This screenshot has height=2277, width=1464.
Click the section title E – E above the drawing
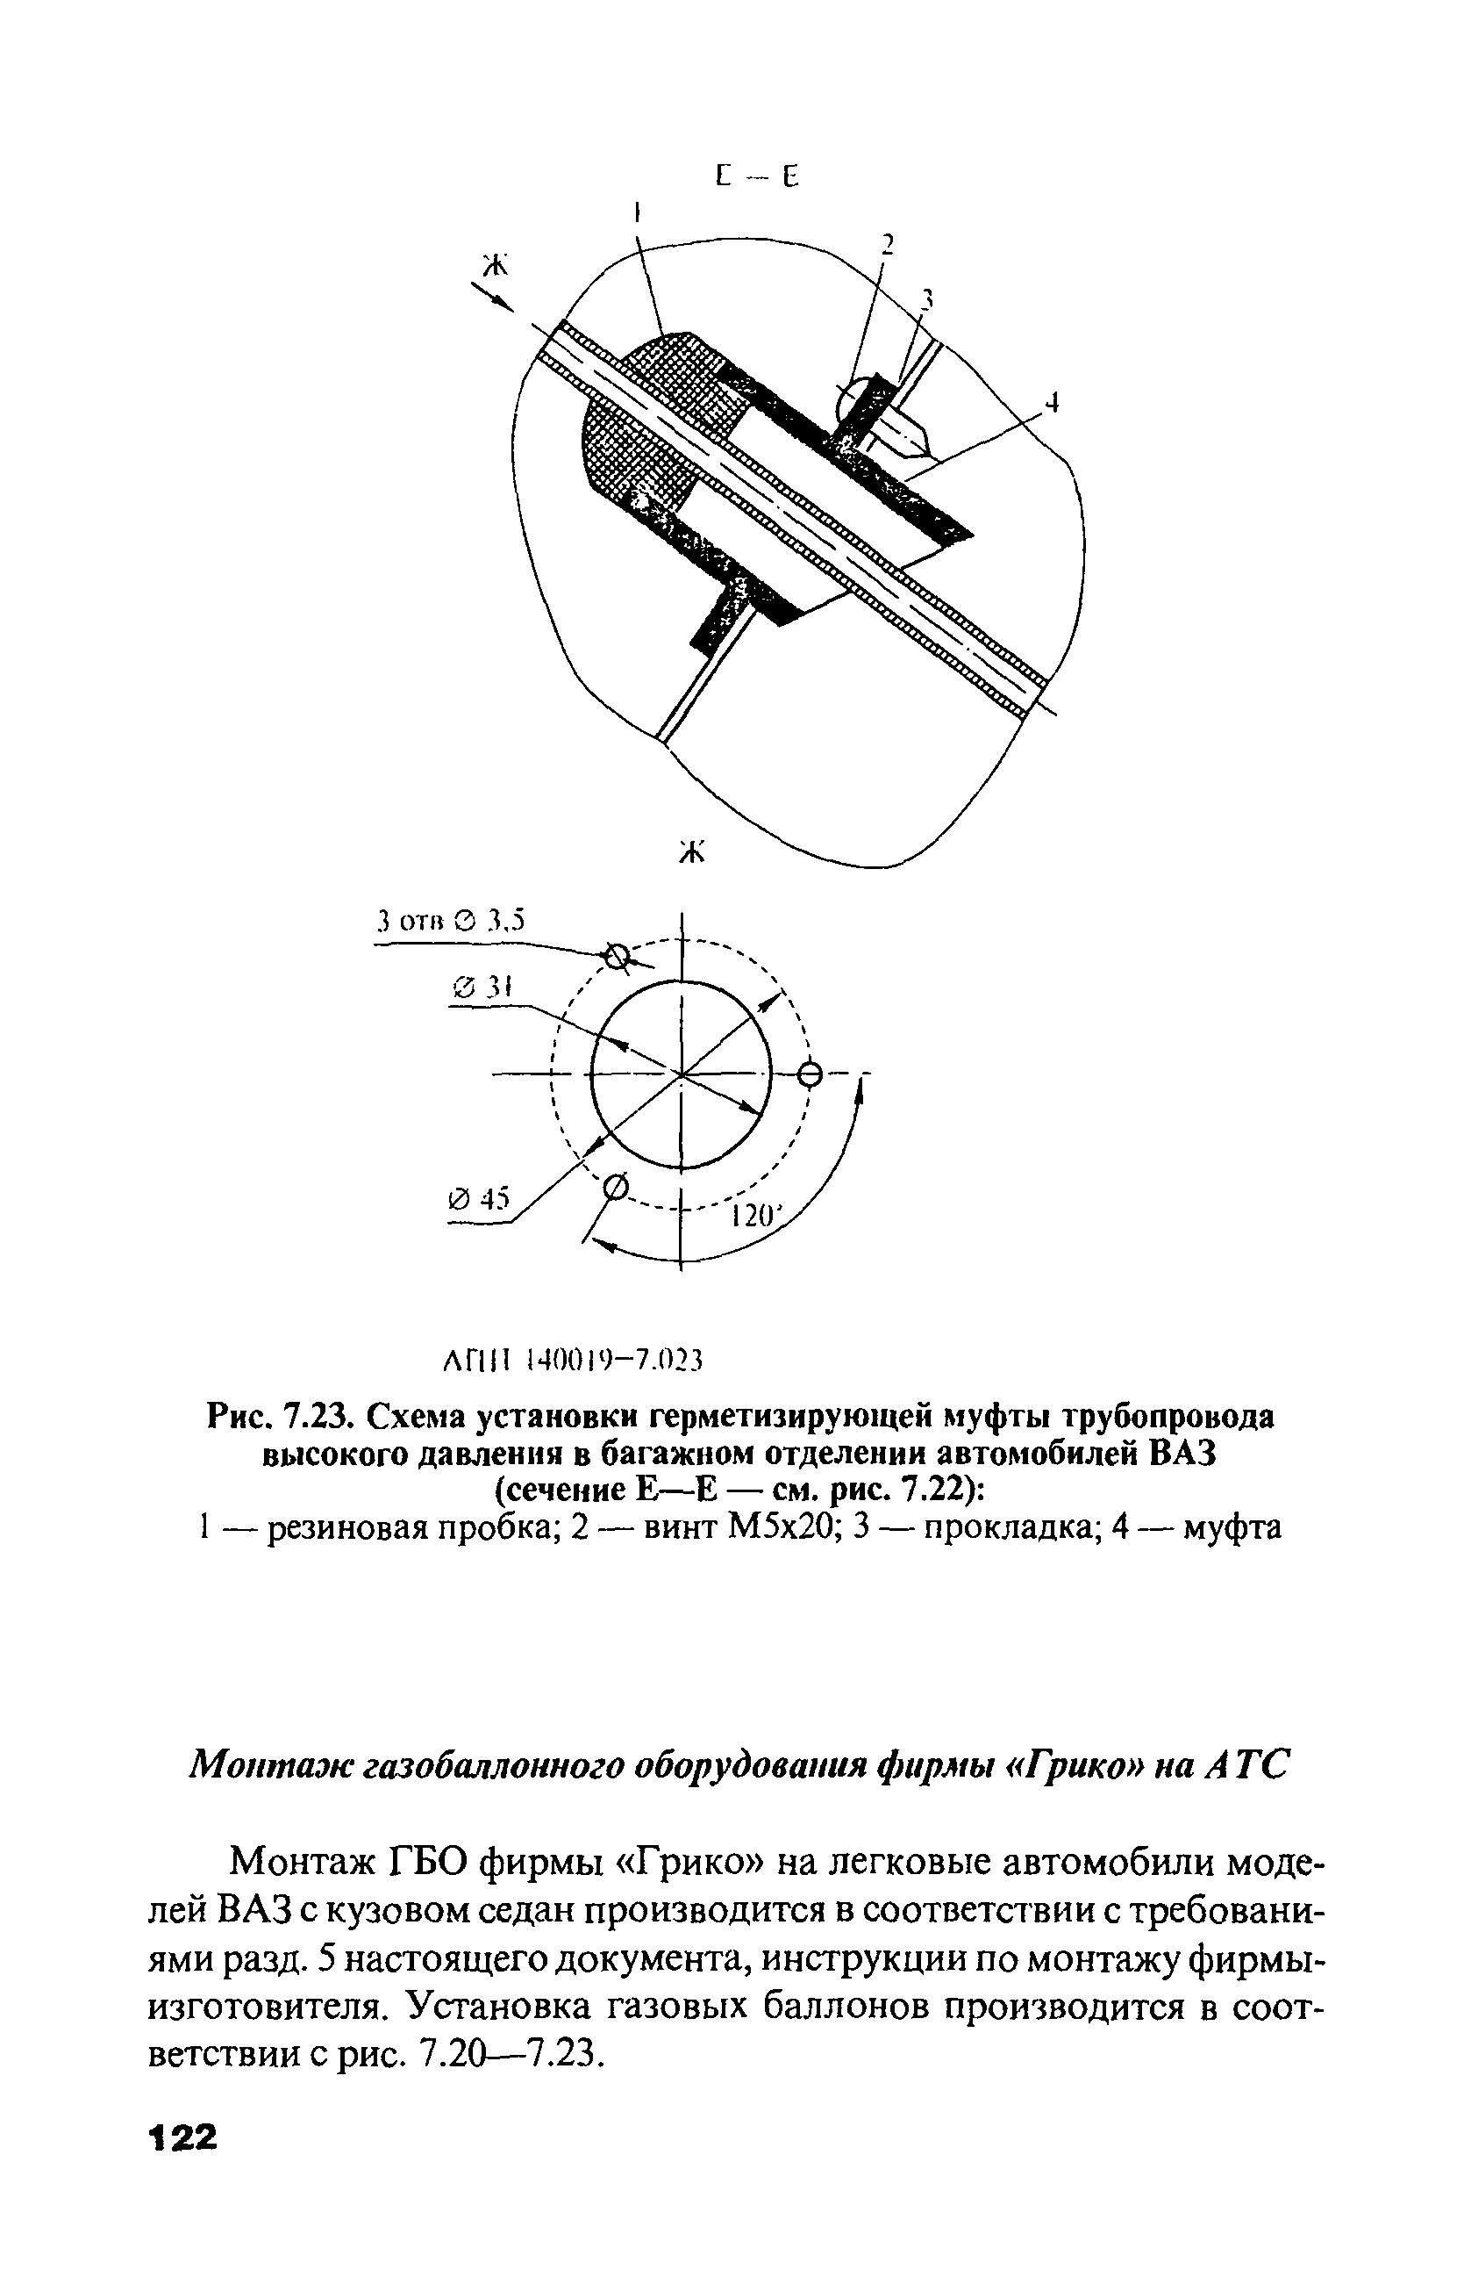[x=757, y=177]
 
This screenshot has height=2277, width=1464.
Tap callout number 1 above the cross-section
[x=636, y=209]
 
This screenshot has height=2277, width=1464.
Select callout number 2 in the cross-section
[x=887, y=246]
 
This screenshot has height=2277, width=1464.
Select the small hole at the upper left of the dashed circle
[x=617, y=958]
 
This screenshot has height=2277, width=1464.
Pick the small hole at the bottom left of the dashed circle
[x=615, y=1187]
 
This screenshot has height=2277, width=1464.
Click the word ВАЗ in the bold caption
[x=1184, y=1455]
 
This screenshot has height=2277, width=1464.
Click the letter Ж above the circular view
[x=693, y=852]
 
